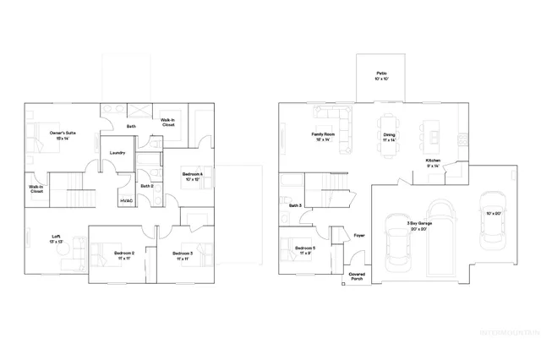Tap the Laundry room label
coord(117,153)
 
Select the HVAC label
coord(127,200)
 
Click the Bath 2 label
coord(146,186)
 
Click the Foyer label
coord(358,236)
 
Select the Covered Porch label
coord(356,275)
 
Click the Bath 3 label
coord(295,205)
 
